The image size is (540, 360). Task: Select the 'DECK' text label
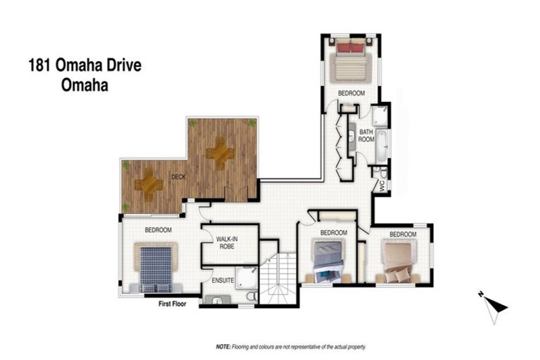(x=179, y=177)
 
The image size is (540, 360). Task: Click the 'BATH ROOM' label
(x=366, y=135)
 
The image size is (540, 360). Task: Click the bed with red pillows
(x=351, y=61)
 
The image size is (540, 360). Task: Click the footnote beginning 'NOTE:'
(x=291, y=347)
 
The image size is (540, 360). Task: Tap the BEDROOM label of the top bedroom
(x=351, y=93)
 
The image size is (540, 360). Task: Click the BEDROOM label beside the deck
(x=159, y=230)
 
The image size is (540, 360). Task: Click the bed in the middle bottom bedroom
(x=328, y=261)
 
